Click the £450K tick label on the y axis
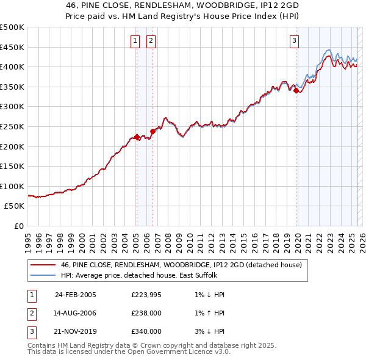(x=12, y=47)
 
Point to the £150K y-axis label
(x=12, y=166)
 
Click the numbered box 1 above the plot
(x=134, y=41)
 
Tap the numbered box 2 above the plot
(x=150, y=41)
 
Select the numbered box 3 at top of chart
(x=294, y=41)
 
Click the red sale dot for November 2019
(x=296, y=91)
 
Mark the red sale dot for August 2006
(x=152, y=131)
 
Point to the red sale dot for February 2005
(x=137, y=137)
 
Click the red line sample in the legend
(x=42, y=265)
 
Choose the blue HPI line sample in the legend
(x=42, y=275)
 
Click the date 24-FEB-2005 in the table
(x=75, y=295)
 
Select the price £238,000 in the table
(x=146, y=313)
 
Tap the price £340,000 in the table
(x=146, y=331)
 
